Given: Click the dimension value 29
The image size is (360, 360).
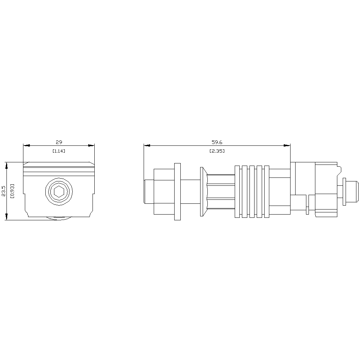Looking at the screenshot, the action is click(59, 142).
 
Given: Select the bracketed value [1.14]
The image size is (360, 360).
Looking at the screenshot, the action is click(59, 151).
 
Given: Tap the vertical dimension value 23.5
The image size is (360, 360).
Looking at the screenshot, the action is click(4, 191).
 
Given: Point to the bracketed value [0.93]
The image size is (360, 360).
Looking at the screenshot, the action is click(12, 191).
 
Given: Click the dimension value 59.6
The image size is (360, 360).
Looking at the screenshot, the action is click(217, 142).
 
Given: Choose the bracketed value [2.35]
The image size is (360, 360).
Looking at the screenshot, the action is click(217, 151).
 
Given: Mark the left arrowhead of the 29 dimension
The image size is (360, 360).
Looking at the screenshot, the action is click(26, 145).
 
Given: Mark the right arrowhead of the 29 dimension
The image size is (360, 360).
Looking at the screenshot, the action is click(91, 145).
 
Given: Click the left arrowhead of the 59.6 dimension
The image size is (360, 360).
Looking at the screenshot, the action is click(147, 145).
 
